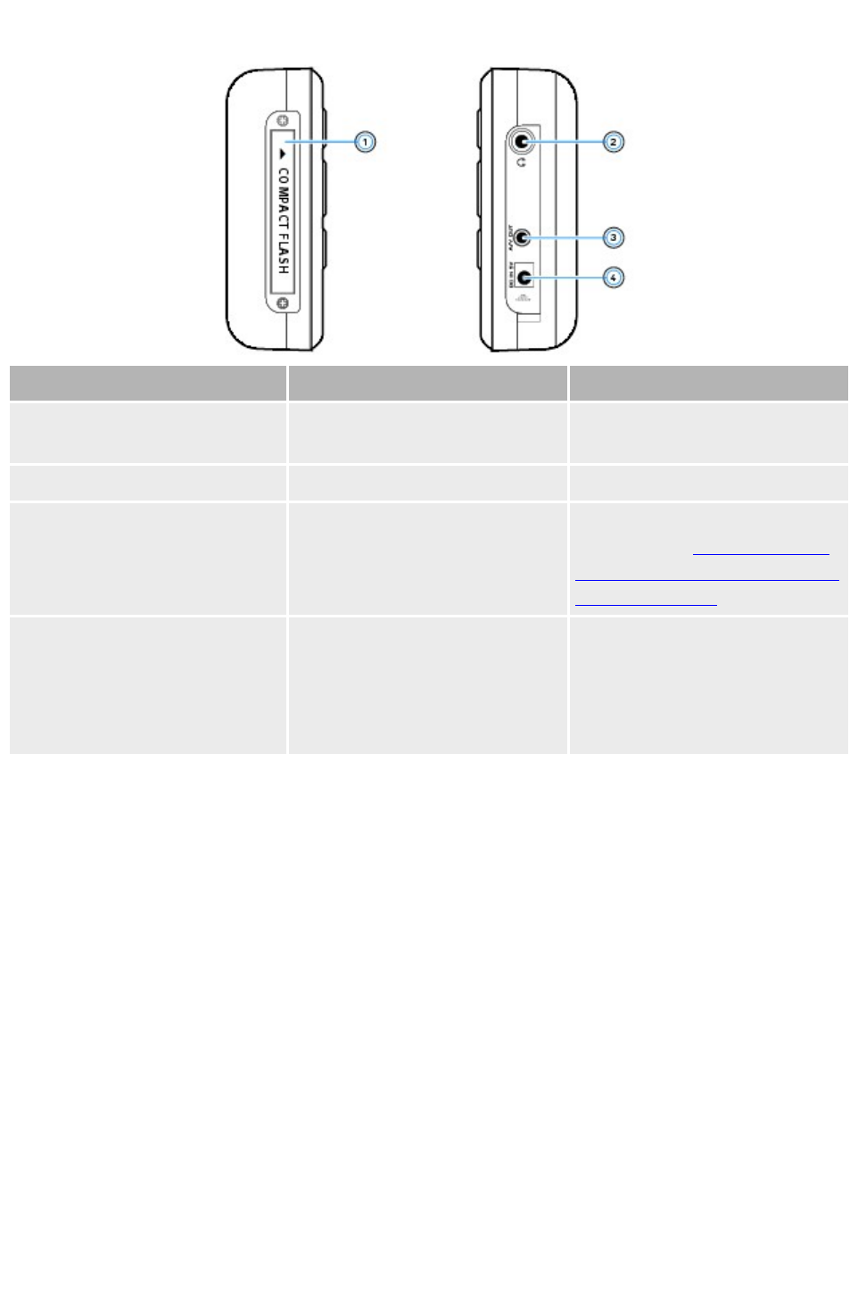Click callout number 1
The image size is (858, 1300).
tap(365, 142)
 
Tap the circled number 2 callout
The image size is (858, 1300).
tap(613, 142)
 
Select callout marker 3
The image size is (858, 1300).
tap(613, 237)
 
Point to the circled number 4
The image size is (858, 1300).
tap(613, 277)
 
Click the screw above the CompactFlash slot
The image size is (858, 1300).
tap(283, 120)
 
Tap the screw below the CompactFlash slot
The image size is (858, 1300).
tap(283, 304)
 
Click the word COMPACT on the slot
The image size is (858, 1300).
tap(283, 198)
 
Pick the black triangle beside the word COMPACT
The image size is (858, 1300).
tap(283, 154)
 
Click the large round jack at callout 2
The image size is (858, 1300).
tap(522, 141)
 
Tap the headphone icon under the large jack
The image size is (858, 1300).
tap(522, 162)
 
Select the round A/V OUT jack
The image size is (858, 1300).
tap(523, 237)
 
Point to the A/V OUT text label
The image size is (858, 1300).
tap(511, 237)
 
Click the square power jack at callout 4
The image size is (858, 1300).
tap(524, 277)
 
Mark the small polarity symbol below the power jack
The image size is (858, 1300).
tap(524, 298)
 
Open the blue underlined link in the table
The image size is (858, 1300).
tap(706, 579)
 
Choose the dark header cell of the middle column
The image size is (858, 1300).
tap(427, 383)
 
